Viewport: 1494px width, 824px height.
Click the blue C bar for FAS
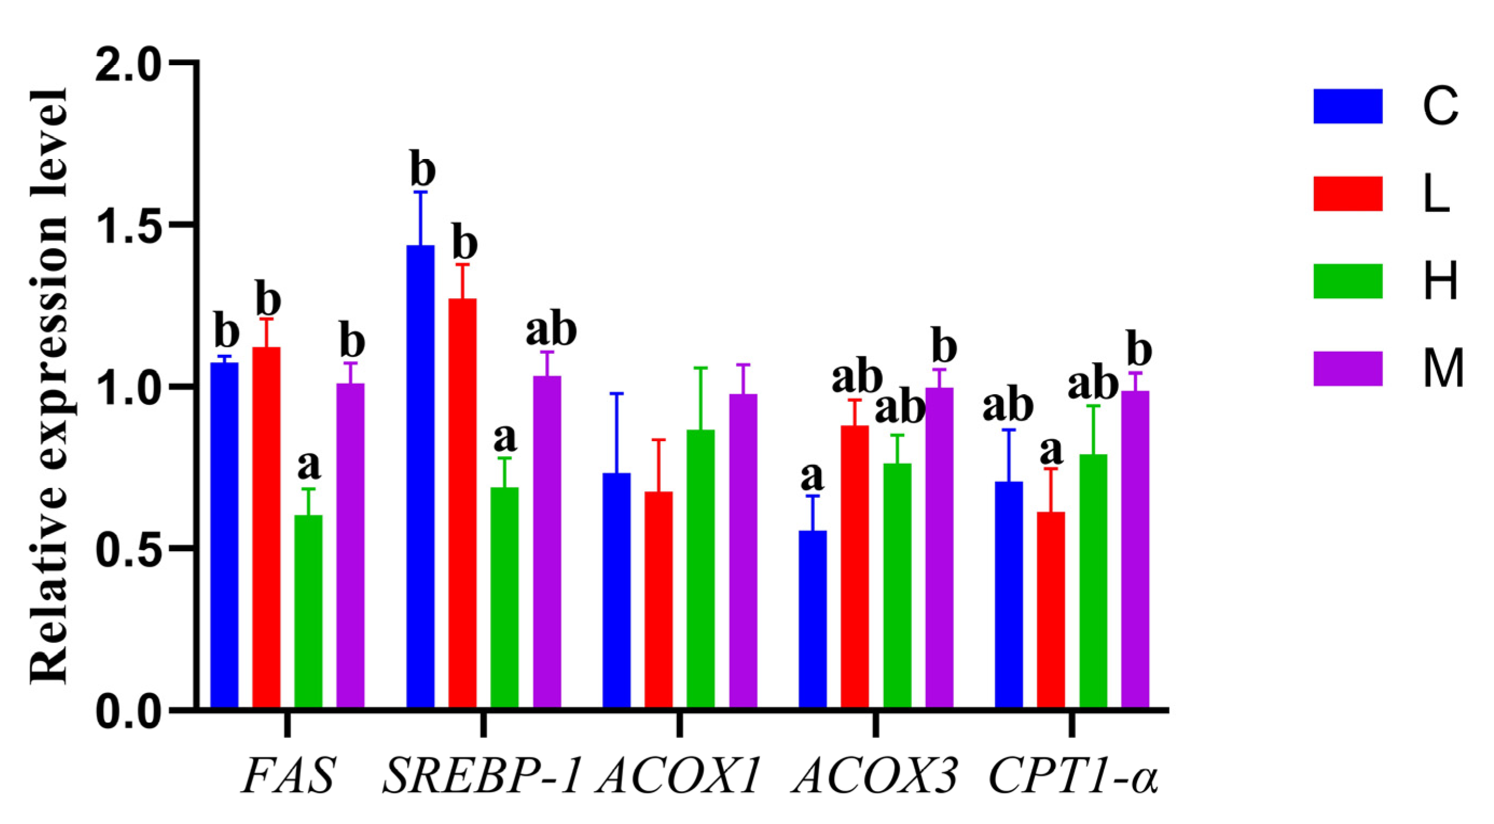tap(224, 534)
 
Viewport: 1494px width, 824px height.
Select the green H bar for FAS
tap(308, 609)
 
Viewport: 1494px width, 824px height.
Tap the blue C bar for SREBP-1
tap(421, 476)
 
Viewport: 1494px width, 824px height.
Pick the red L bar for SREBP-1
tap(462, 502)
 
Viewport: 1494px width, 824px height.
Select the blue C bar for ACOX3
tap(813, 618)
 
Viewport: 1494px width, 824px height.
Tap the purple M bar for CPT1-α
tap(1135, 548)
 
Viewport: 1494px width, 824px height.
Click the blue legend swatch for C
tap(1348, 106)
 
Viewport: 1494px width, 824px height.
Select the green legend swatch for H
tap(1348, 281)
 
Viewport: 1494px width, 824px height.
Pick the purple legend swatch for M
tap(1348, 368)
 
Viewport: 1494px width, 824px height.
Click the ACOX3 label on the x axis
tap(876, 777)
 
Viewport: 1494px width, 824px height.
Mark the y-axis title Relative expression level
tap(49, 386)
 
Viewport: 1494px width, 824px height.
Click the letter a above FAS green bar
tap(308, 465)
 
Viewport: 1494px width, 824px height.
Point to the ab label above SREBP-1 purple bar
tap(551, 329)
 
